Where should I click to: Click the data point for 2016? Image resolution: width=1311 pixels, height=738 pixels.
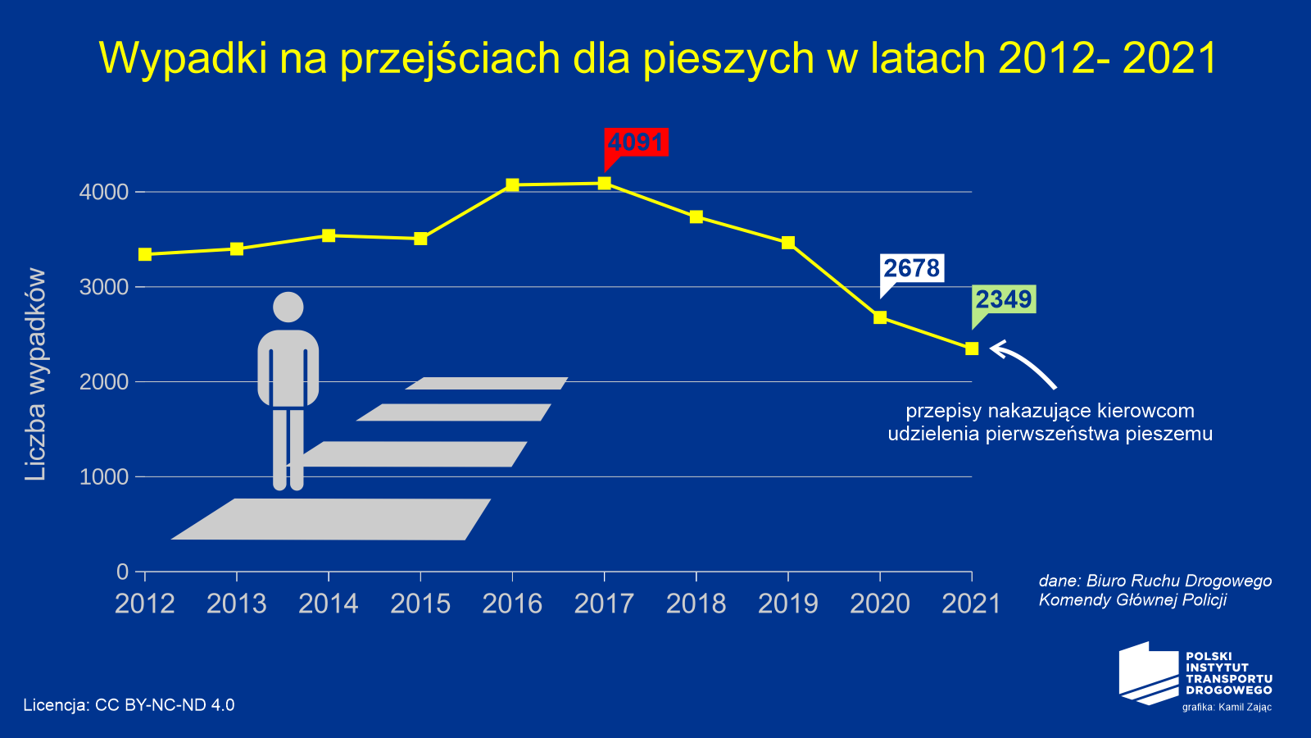point(512,185)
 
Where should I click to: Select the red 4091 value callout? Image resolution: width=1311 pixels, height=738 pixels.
point(636,143)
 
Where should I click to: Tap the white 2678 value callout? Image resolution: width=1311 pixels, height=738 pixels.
point(911,268)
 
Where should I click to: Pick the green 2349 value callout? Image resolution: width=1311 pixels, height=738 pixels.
point(1003,299)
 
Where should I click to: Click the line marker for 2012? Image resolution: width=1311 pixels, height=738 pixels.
point(145,254)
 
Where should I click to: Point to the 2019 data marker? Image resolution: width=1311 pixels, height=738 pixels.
point(788,243)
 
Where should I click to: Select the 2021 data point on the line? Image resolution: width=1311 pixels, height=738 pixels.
point(972,348)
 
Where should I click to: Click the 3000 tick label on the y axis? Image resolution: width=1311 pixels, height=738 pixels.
point(104,287)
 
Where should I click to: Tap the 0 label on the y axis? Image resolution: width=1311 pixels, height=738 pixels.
point(123,572)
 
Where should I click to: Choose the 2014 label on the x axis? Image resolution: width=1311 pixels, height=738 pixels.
point(329,604)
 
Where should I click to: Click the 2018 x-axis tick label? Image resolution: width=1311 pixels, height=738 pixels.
point(696,604)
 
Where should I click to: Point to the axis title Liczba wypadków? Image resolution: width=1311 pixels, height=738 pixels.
point(35,375)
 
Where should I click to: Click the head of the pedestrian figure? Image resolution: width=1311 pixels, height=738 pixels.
point(288,307)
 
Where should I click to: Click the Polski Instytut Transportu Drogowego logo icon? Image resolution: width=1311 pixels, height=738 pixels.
point(1149,672)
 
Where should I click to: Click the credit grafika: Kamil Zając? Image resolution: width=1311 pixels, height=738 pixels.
point(1227,707)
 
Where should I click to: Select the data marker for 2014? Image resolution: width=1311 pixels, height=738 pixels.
point(329,236)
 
